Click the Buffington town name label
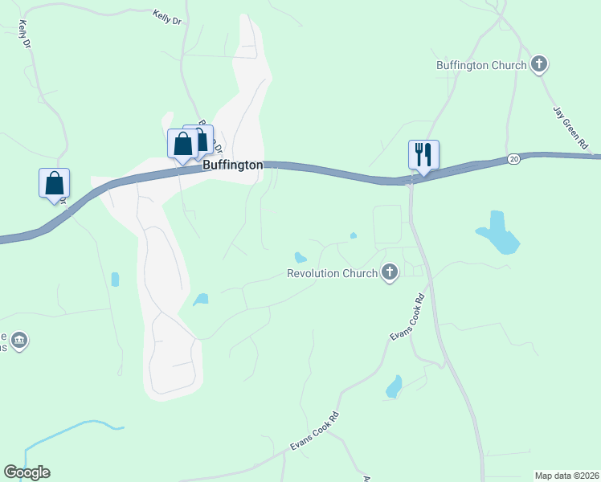(232, 165)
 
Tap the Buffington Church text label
(481, 65)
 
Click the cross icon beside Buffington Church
(539, 64)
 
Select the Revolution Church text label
(332, 273)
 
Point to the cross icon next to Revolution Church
(390, 273)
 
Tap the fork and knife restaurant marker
(423, 153)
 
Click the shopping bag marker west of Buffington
(54, 182)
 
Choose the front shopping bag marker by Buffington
(182, 145)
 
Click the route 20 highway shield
(513, 159)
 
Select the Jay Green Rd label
(570, 127)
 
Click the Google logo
(27, 472)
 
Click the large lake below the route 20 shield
(497, 232)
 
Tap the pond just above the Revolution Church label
(300, 258)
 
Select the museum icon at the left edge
(20, 341)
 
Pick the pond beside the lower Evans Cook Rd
(394, 386)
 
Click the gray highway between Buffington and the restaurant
(337, 172)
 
